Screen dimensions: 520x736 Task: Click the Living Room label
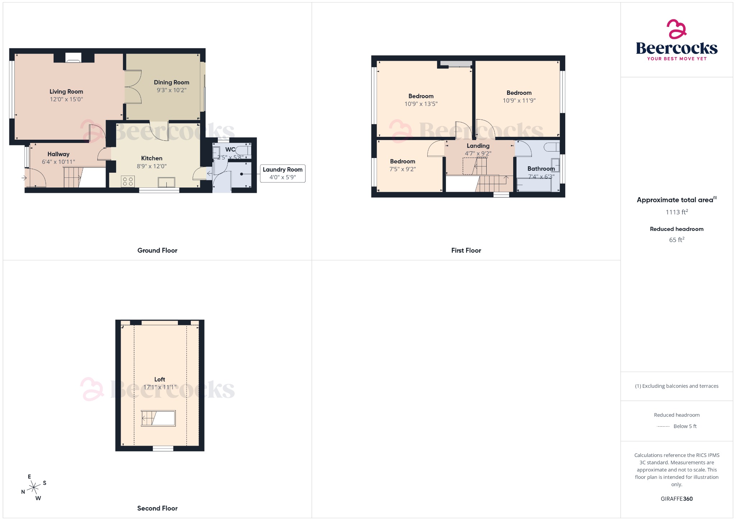click(x=66, y=92)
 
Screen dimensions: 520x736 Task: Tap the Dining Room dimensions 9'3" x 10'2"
click(x=171, y=90)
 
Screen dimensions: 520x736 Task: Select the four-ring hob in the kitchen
click(x=128, y=181)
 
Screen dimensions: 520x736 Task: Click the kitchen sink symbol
click(x=167, y=182)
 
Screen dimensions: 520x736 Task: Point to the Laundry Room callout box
click(x=282, y=173)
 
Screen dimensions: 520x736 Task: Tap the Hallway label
click(x=58, y=154)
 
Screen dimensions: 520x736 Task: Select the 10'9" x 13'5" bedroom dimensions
click(x=421, y=104)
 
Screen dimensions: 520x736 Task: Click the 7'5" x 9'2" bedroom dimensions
click(x=402, y=169)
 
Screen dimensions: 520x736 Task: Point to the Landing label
click(x=478, y=146)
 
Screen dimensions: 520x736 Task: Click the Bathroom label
click(x=541, y=168)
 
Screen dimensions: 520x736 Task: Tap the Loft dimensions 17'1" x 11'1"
click(x=160, y=387)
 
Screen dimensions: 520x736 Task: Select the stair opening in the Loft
click(x=158, y=418)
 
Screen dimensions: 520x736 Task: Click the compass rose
click(x=34, y=487)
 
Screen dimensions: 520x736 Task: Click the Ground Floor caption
click(x=157, y=250)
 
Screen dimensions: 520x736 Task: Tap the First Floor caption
click(x=466, y=250)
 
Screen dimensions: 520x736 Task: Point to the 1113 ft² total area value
click(x=677, y=212)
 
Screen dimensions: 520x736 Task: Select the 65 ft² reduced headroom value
click(x=677, y=240)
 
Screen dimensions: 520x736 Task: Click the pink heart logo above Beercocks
click(x=677, y=29)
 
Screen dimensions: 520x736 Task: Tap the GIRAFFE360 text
click(x=677, y=498)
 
